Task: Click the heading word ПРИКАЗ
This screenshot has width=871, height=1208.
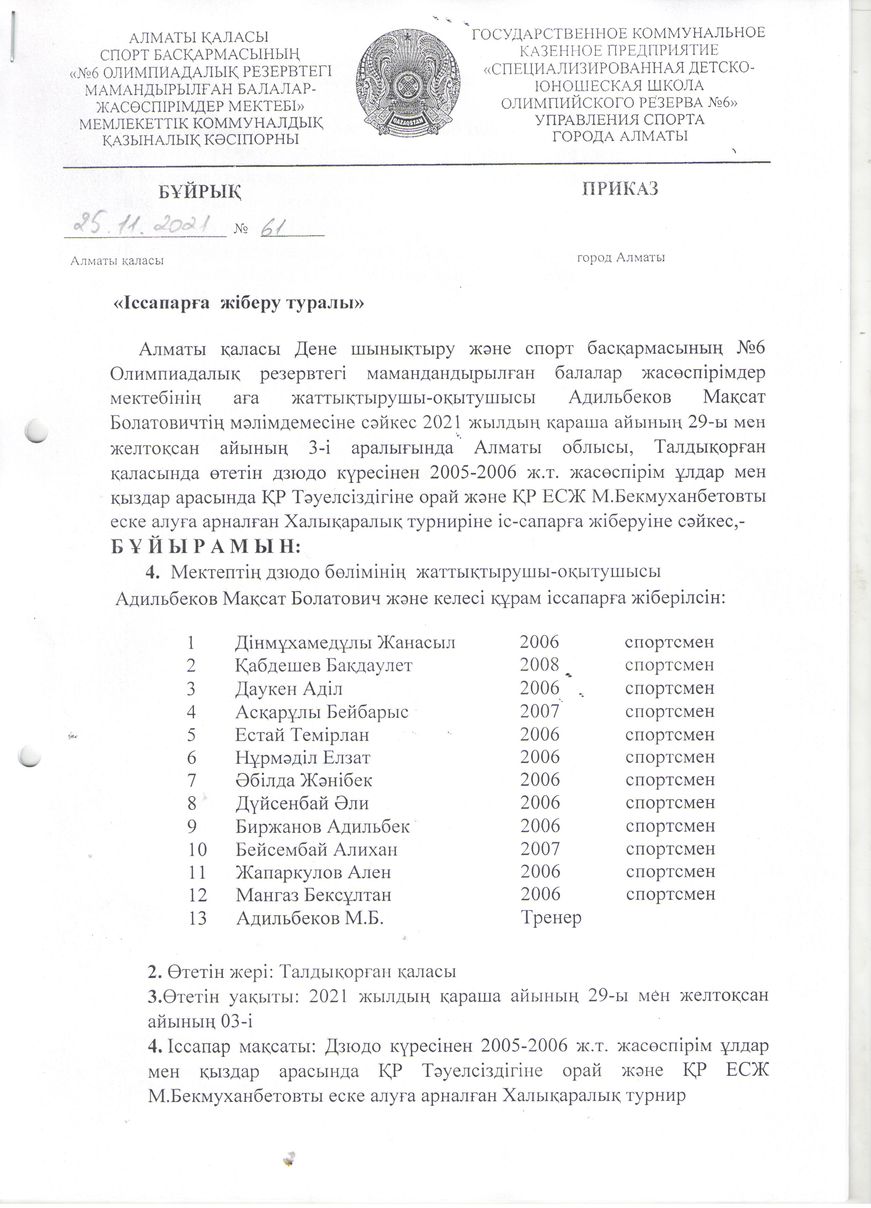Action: click(620, 188)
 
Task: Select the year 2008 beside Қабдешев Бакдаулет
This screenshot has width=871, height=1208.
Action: click(539, 665)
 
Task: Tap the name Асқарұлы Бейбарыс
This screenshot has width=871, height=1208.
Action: click(322, 712)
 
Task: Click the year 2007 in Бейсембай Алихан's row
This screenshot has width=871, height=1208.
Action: click(540, 848)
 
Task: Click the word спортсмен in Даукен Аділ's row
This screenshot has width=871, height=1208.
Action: click(669, 688)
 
